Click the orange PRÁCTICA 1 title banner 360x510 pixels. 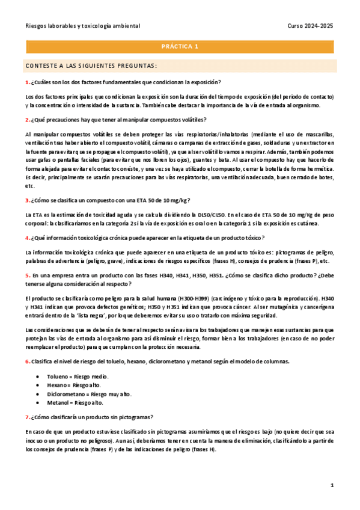[180, 46]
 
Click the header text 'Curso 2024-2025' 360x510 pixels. [311, 26]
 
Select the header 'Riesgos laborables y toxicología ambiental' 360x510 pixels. [83, 26]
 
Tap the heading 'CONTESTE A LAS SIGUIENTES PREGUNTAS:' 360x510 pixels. [91, 66]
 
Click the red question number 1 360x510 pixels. [27, 82]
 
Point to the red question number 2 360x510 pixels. [27, 119]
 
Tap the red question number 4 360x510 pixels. [27, 238]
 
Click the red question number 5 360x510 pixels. [27, 275]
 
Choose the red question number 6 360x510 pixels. [27, 361]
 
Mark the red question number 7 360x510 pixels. [27, 417]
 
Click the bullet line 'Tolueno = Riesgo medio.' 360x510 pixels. [78, 376]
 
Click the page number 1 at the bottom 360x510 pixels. [332, 485]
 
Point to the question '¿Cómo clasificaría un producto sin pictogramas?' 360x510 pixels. [92, 417]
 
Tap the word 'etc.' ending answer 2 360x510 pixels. [30, 186]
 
